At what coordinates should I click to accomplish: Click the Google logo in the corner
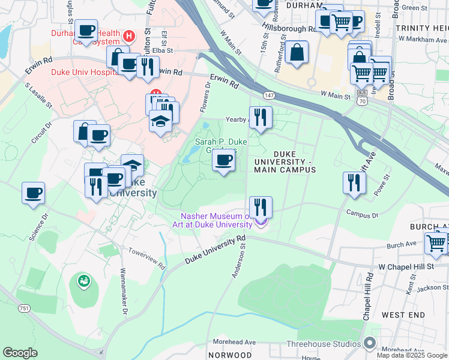[20, 353]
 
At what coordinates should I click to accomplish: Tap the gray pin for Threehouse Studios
[370, 343]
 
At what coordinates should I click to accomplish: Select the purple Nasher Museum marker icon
[260, 223]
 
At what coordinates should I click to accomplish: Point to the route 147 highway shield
[270, 95]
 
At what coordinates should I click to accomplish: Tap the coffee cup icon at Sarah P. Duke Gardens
[224, 160]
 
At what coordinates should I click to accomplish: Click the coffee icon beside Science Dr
[34, 194]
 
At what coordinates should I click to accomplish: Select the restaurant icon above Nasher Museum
[260, 208]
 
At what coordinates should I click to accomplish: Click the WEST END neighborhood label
[403, 315]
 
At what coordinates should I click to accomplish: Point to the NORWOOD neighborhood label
[230, 355]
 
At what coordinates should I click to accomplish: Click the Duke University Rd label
[215, 249]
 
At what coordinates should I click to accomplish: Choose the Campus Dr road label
[362, 214]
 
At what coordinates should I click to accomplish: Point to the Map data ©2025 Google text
[412, 355]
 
